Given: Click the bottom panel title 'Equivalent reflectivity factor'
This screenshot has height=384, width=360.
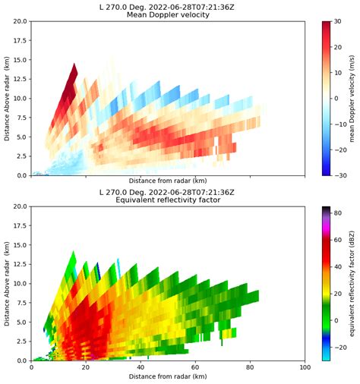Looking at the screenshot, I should tap(167, 200).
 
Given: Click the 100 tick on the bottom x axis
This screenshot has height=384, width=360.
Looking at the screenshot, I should tap(305, 368).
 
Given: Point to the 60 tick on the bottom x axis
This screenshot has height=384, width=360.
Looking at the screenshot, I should tap(195, 368).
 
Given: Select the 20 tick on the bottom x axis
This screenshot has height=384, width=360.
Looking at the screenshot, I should tap(86, 368).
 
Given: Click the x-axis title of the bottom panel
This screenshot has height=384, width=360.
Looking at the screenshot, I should tap(167, 377).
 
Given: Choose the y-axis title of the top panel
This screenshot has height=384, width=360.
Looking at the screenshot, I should tap(7, 99).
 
